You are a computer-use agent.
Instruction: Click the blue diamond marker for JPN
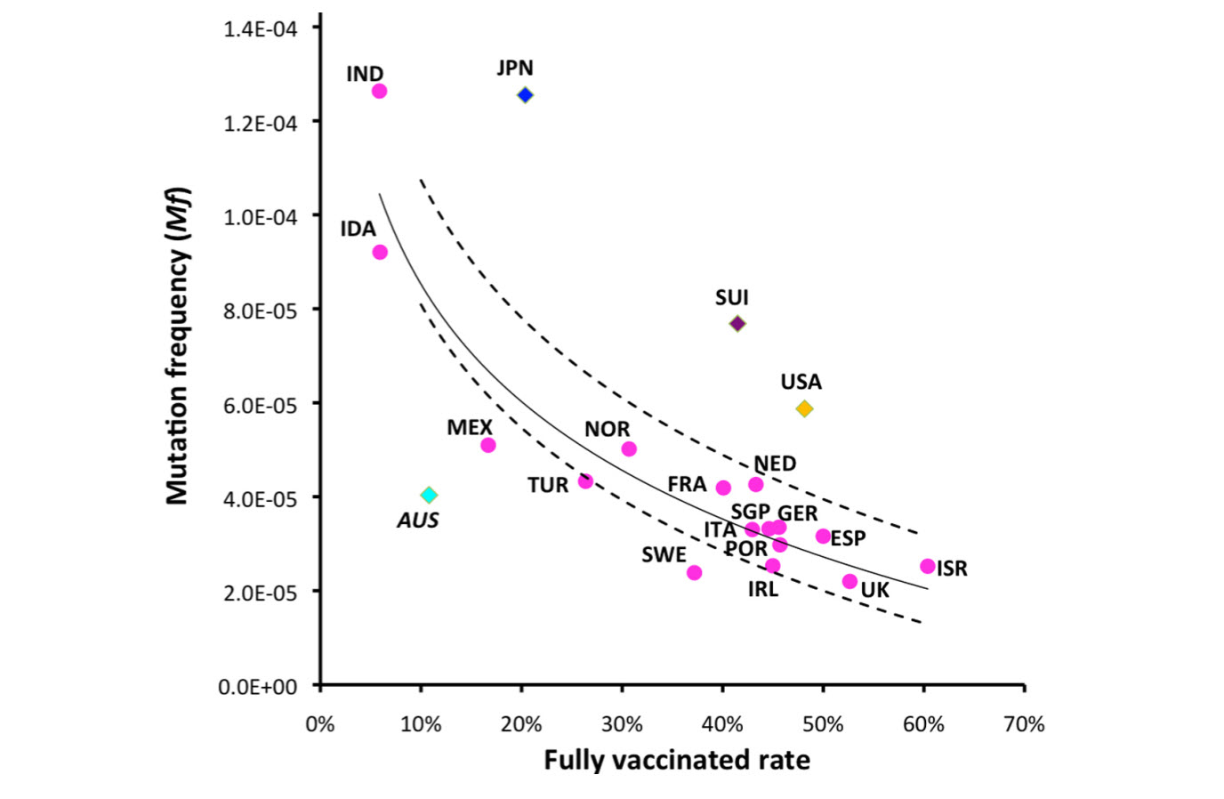coord(525,95)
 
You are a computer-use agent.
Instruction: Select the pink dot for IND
coord(379,91)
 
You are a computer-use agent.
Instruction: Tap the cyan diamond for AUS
coord(429,495)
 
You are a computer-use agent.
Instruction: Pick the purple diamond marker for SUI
coord(737,324)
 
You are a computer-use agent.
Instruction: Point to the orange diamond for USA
coord(804,409)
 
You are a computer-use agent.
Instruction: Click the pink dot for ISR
coord(928,566)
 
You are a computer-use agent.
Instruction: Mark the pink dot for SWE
coord(694,572)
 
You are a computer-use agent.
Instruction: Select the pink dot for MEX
coord(487,445)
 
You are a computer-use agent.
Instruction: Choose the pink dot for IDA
coord(380,252)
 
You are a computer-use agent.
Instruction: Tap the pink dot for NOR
coord(629,448)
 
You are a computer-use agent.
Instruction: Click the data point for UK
coord(850,581)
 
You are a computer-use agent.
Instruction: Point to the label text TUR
coord(547,485)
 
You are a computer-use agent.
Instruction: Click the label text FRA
coord(687,484)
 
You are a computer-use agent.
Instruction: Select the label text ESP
coord(848,538)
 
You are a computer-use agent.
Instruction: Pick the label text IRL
coord(762,589)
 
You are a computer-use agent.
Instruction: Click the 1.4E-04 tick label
coord(260,29)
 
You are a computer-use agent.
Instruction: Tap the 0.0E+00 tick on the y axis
coord(258,687)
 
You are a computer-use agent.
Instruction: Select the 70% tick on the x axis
coord(1024,724)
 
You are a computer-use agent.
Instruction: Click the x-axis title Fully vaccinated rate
coord(677,760)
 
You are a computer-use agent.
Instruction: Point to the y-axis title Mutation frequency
coord(178,347)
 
